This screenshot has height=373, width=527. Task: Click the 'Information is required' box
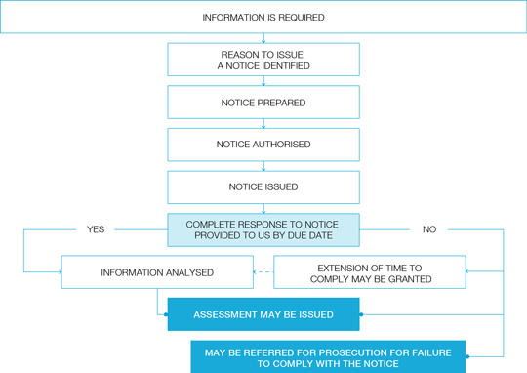tap(263, 17)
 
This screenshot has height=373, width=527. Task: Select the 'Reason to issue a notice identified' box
tap(263, 60)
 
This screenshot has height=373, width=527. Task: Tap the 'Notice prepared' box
tap(263, 103)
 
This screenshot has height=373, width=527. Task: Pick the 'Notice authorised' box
tap(263, 145)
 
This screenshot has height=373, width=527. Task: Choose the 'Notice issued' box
tap(263, 187)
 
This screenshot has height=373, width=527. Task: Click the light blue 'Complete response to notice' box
tap(263, 230)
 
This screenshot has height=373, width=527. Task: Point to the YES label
tap(96, 229)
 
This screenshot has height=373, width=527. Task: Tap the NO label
tap(429, 229)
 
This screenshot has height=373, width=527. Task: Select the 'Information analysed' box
tap(157, 272)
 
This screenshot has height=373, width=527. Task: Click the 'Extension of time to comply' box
tap(370, 272)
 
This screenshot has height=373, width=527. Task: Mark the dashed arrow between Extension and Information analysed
tap(263, 272)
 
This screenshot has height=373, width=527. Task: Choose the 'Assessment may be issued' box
tap(263, 314)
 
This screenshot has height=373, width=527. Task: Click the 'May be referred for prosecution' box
tap(328, 356)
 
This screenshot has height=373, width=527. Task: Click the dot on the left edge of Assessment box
tap(166, 314)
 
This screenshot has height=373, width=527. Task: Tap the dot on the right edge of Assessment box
tap(361, 314)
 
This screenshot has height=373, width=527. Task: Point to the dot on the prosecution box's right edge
tap(467, 356)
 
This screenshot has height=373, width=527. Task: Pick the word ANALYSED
tap(192, 272)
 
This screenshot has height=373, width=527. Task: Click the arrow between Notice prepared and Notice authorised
tap(263, 123)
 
